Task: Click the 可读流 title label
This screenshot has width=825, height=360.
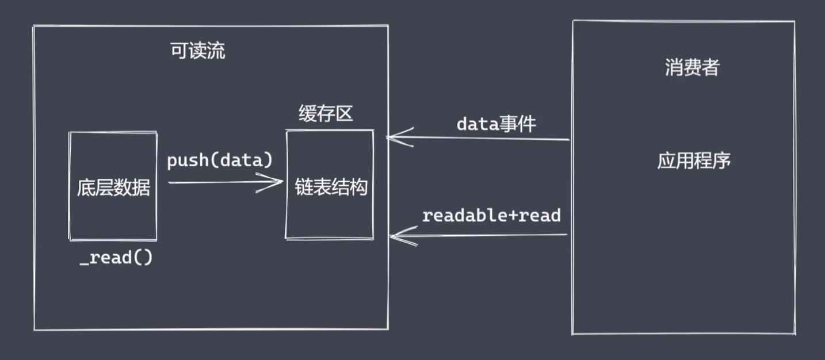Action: pyautogui.click(x=198, y=51)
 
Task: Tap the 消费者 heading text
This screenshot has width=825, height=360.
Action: pyautogui.click(x=692, y=68)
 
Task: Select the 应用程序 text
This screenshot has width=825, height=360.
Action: pyautogui.click(x=694, y=160)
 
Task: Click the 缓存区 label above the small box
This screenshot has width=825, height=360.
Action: pyautogui.click(x=326, y=114)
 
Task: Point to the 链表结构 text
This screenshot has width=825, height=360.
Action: pyautogui.click(x=331, y=187)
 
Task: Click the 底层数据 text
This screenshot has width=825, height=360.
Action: pyautogui.click(x=113, y=188)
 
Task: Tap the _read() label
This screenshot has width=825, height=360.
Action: pyautogui.click(x=116, y=258)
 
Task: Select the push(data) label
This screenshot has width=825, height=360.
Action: pyautogui.click(x=220, y=161)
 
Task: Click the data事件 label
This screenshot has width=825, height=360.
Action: pyautogui.click(x=496, y=124)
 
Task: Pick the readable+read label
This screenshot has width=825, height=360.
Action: pyautogui.click(x=491, y=216)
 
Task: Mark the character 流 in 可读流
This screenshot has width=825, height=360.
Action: pyautogui.click(x=216, y=51)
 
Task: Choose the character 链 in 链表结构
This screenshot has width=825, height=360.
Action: pyautogui.click(x=304, y=187)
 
